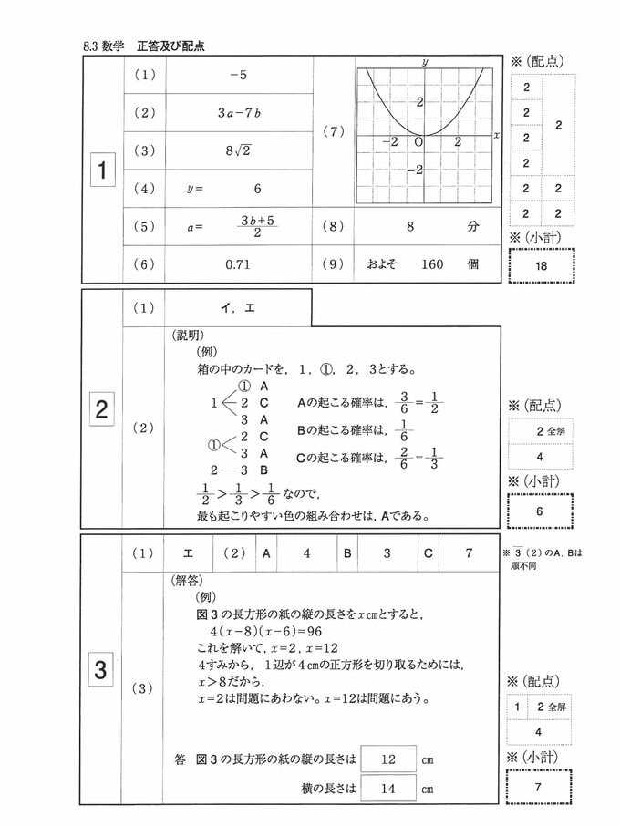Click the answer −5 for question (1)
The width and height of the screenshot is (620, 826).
pyautogui.click(x=239, y=75)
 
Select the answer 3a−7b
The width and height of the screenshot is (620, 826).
pyautogui.click(x=239, y=113)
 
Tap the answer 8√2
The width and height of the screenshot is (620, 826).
pyautogui.click(x=239, y=151)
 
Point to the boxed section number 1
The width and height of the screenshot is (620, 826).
pyautogui.click(x=103, y=170)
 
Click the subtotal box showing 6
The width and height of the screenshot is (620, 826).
pyautogui.click(x=541, y=511)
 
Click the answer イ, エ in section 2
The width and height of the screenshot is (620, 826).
pyautogui.click(x=239, y=308)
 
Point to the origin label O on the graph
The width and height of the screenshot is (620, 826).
pyautogui.click(x=418, y=142)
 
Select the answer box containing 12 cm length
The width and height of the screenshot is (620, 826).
pyautogui.click(x=387, y=759)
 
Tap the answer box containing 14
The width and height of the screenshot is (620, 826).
pyautogui.click(x=387, y=789)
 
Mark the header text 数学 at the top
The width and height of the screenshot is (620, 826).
pyautogui.click(x=114, y=44)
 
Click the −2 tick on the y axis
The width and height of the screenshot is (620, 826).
pyautogui.click(x=417, y=170)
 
